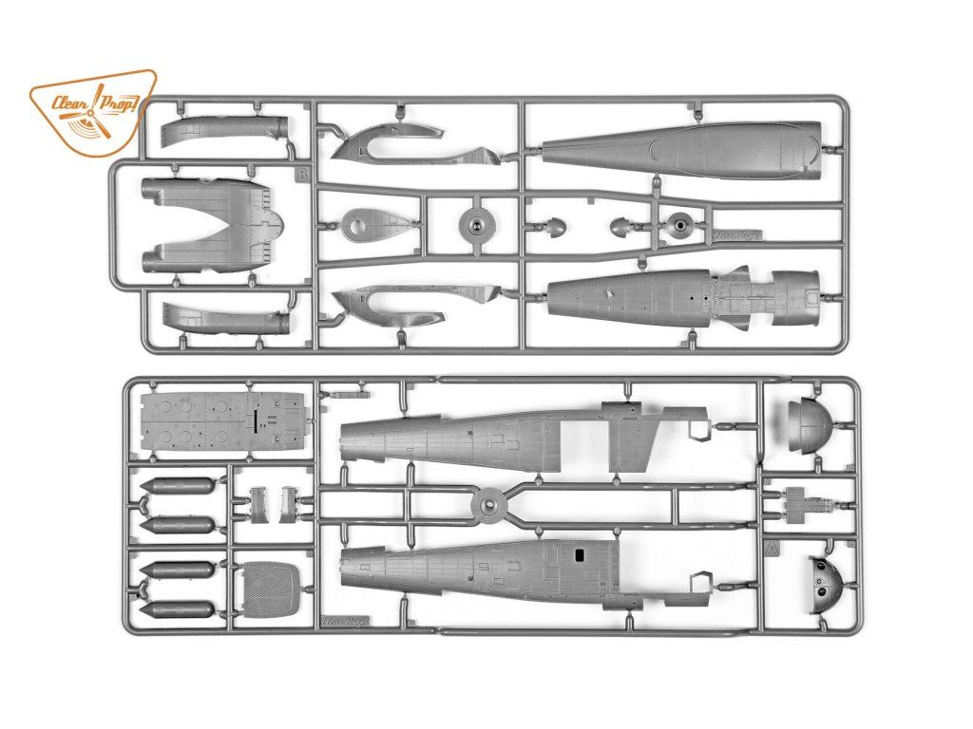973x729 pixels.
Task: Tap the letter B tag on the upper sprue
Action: click(x=302, y=174)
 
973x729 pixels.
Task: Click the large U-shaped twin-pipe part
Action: click(x=209, y=225)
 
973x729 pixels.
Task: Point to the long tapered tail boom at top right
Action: click(x=684, y=144)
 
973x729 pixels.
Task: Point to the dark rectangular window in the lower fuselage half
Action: click(x=578, y=553)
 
